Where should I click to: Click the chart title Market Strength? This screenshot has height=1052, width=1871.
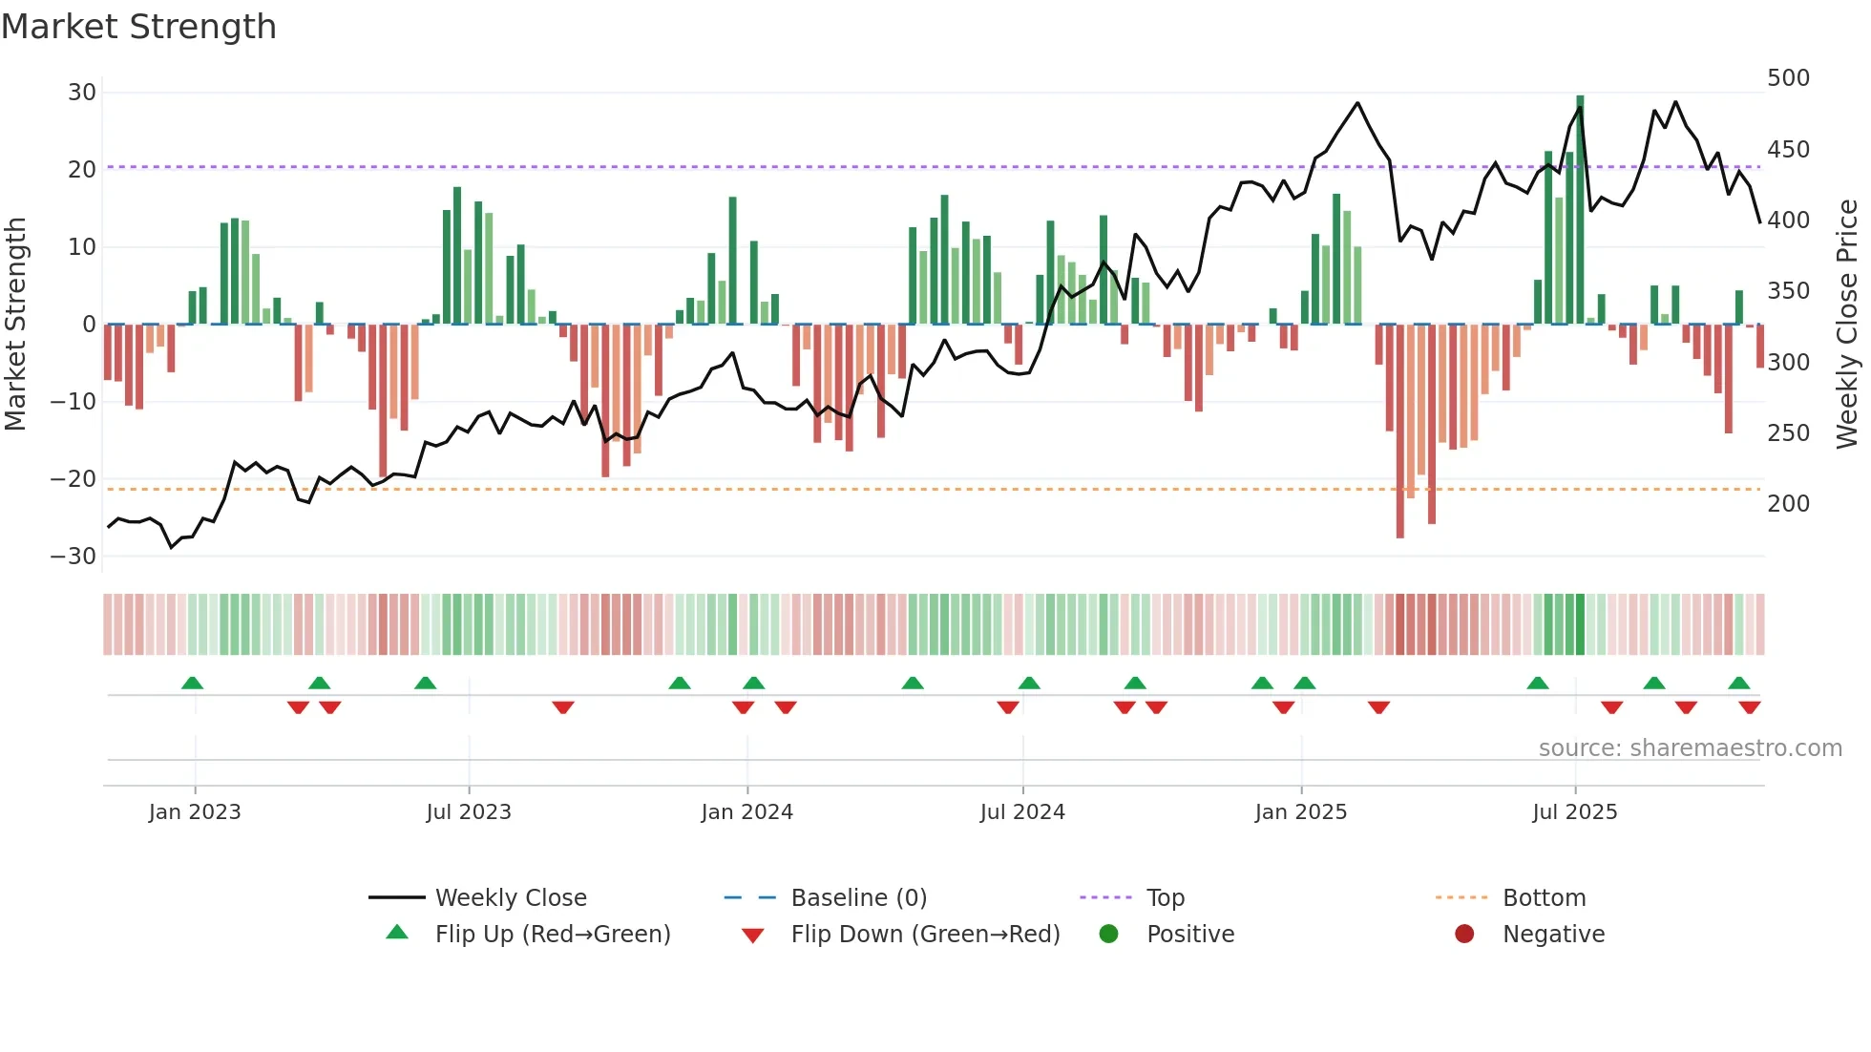click(139, 27)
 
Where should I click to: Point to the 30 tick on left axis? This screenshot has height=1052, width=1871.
click(82, 93)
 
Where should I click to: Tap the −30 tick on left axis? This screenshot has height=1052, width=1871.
click(74, 556)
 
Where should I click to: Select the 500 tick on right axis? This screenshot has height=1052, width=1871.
click(1788, 78)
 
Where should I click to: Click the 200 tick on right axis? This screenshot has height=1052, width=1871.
click(1788, 504)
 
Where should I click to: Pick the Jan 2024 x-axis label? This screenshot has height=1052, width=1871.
click(746, 812)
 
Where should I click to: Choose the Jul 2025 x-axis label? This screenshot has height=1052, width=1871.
click(1574, 812)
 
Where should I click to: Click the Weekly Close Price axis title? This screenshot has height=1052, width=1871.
click(1847, 325)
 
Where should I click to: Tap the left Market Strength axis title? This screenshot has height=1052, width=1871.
click(16, 325)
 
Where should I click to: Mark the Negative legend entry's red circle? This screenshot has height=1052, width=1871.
click(1464, 934)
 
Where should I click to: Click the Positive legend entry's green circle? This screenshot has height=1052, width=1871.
click(1108, 934)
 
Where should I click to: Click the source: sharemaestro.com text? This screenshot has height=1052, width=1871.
click(1690, 748)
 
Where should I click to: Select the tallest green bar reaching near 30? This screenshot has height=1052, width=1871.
click(1580, 210)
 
